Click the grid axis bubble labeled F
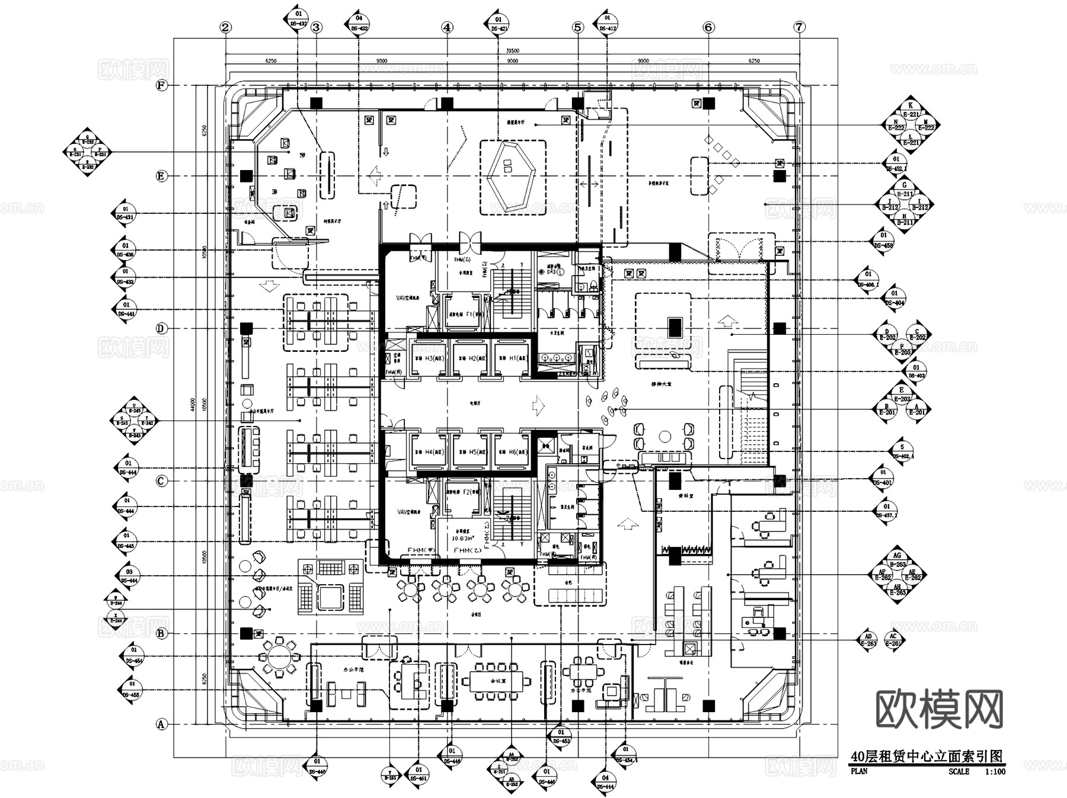pyautogui.click(x=161, y=85)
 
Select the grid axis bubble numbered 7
pyautogui.click(x=800, y=27)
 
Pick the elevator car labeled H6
pyautogui.click(x=513, y=452)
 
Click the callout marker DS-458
pyautogui.click(x=883, y=241)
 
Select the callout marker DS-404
pyautogui.click(x=895, y=298)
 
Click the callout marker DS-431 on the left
pyautogui.click(x=125, y=213)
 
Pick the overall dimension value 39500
pyautogui.click(x=512, y=51)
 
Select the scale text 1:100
pyautogui.click(x=995, y=771)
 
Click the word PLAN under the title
pyautogui.click(x=859, y=771)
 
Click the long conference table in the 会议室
pyautogui.click(x=497, y=681)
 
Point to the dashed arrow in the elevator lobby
pyautogui.click(x=539, y=405)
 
